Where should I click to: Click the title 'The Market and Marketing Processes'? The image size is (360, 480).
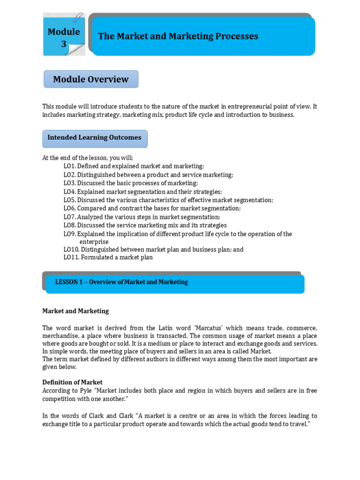[178, 36]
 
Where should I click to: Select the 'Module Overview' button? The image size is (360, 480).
[91, 79]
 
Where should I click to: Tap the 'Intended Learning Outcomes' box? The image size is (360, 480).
[95, 138]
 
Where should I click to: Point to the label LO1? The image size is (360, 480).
[70, 166]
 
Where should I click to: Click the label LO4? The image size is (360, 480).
[70, 192]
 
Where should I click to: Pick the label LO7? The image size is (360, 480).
[70, 217]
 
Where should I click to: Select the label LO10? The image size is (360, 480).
[71, 250]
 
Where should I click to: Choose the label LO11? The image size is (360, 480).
[71, 257]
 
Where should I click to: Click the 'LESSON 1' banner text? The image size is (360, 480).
[121, 282]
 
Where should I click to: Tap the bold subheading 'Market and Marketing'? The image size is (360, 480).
[75, 311]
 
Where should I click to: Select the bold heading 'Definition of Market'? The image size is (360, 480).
[72, 382]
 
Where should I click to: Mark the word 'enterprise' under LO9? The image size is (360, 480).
[94, 242]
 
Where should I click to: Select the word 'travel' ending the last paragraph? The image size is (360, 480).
[298, 424]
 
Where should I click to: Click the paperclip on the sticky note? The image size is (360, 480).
[78, 17]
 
